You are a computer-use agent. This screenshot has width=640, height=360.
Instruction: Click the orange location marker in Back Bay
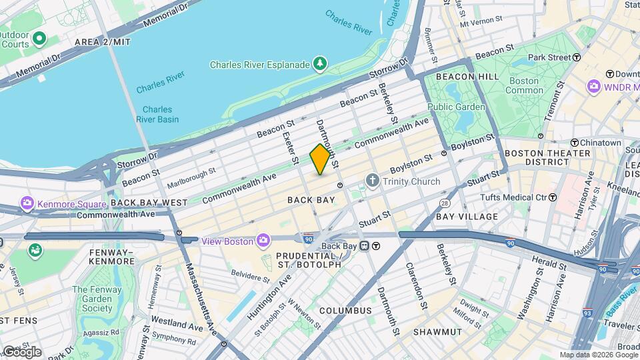(320, 159)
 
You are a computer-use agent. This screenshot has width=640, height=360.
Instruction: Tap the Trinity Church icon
(372, 181)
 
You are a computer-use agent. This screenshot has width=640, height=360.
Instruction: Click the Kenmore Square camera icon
(27, 203)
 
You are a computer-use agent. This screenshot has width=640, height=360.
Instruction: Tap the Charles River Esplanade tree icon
(321, 64)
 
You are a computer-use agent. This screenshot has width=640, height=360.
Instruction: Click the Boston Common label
(525, 85)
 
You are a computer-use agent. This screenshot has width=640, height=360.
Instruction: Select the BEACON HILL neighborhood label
(467, 77)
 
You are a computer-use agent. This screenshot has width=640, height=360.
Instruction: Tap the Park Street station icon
(577, 57)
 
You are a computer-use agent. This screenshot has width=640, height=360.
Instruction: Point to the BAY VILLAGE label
(467, 217)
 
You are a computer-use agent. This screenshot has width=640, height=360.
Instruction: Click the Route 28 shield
(445, 202)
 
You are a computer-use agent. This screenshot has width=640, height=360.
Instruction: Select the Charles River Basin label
(157, 115)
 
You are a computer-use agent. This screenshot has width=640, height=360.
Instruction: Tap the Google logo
(21, 352)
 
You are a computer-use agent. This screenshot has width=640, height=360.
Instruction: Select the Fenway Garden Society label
(93, 299)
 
